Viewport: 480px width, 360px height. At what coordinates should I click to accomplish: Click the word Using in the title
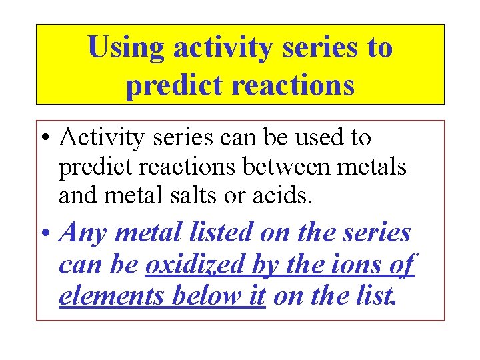[x=126, y=49]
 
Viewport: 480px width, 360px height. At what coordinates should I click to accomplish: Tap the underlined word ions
[x=347, y=265]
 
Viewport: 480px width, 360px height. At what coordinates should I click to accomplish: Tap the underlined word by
[x=265, y=265]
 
